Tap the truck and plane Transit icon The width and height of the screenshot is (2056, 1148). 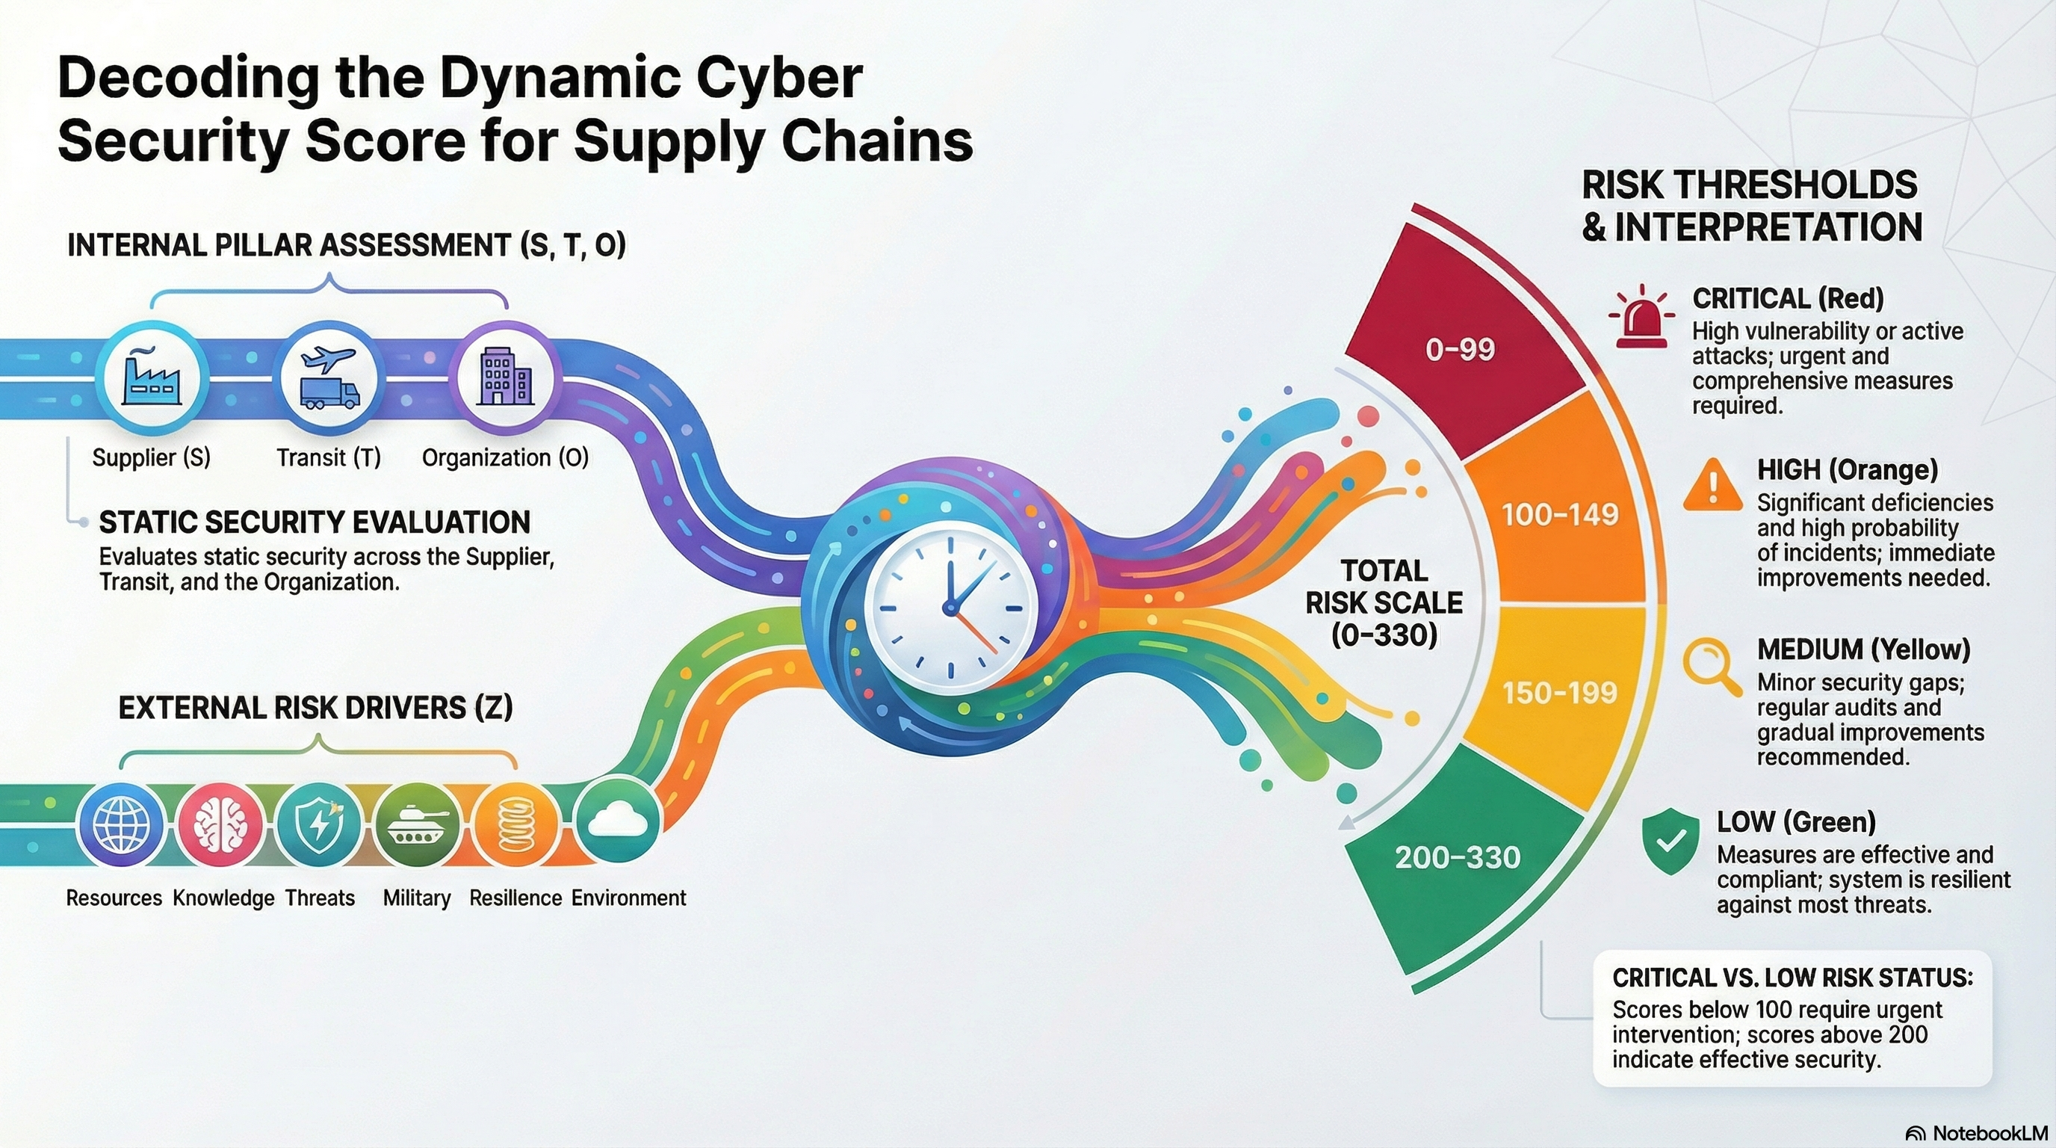(x=329, y=379)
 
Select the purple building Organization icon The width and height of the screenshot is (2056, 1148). (x=504, y=379)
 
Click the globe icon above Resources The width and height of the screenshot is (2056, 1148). (x=121, y=827)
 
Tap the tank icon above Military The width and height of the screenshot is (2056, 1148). (x=417, y=827)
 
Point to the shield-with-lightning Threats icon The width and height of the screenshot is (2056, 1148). (x=318, y=827)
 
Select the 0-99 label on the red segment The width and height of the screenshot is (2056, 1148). (x=1460, y=350)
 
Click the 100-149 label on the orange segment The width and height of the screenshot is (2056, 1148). (x=1560, y=515)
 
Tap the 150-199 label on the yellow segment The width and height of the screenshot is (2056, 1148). (x=1560, y=692)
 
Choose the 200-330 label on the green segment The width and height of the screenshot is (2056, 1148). (x=1458, y=857)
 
